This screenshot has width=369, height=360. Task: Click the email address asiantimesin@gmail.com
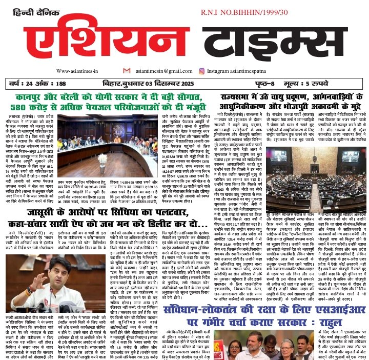pyautogui.click(x=161, y=71)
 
